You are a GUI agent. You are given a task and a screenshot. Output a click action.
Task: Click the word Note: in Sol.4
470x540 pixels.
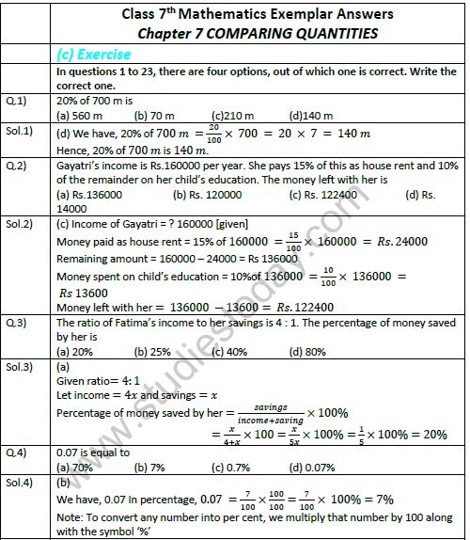pyautogui.click(x=71, y=516)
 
